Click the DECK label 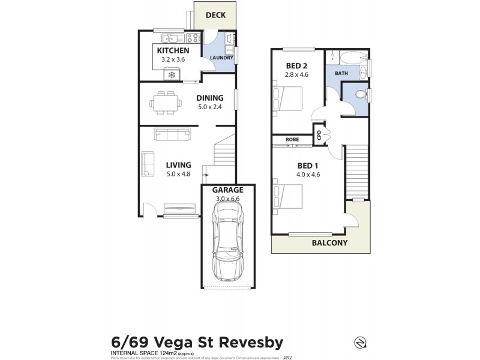[215, 15]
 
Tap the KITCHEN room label [174, 51]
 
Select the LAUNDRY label [221, 58]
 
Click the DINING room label [209, 98]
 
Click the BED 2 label [296, 65]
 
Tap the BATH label [341, 73]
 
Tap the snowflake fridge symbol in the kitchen [172, 74]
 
